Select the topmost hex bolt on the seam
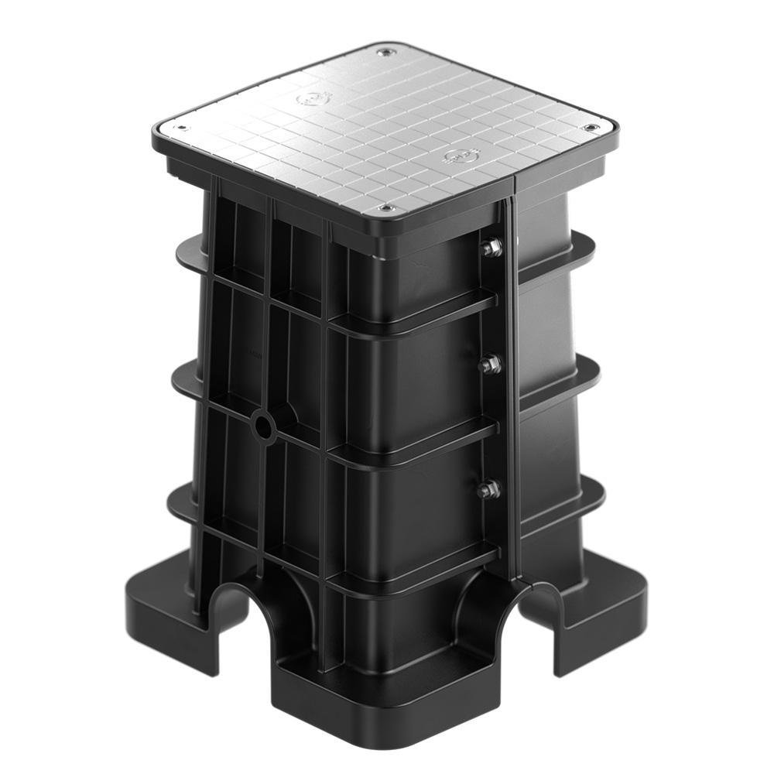click(491, 248)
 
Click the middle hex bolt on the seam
click(489, 364)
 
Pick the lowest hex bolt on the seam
click(488, 489)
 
